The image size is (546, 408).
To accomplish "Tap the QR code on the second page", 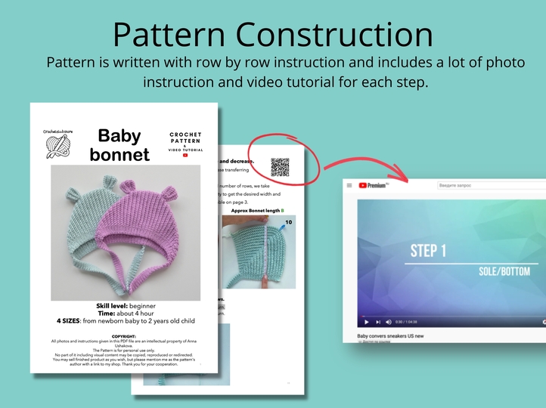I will coord(280,167).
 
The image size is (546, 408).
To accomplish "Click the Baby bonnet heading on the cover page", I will coord(119,144).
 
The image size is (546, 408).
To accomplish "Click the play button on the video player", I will coord(367,322).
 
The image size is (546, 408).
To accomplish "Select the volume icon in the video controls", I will coord(389,322).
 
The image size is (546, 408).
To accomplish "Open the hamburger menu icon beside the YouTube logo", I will coord(349,185).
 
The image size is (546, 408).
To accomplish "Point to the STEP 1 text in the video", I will coord(428,250).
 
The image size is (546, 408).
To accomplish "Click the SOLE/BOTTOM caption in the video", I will coord(504,271).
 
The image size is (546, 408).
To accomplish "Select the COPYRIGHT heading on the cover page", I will coord(123,335).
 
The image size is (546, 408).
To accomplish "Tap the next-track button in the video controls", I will coord(378,322).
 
